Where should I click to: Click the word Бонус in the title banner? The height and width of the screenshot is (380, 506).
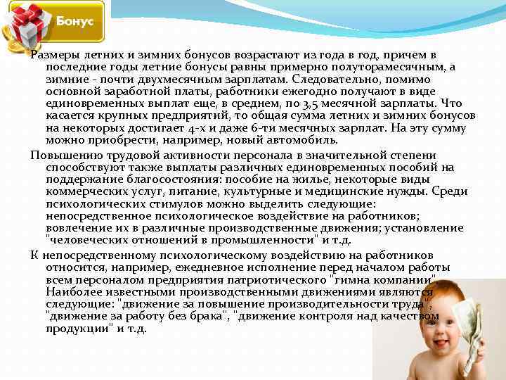74,21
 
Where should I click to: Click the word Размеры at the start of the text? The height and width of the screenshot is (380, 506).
56,55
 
